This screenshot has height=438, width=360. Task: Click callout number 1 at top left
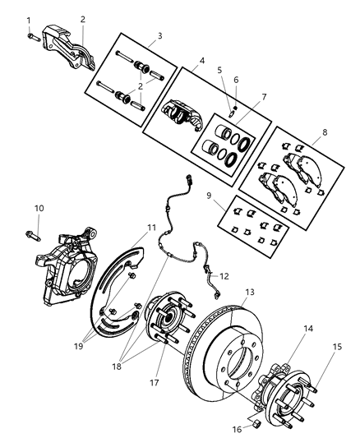[x=29, y=20]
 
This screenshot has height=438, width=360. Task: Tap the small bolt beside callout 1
[x=31, y=36]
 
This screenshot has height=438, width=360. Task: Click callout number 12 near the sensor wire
[x=224, y=276]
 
